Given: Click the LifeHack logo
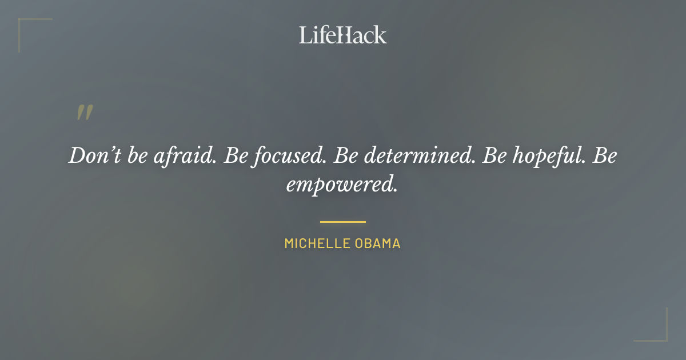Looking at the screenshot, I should click(x=343, y=35).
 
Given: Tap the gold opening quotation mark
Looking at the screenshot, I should click(x=85, y=113).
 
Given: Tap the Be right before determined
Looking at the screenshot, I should click(x=345, y=156).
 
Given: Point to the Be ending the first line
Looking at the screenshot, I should click(x=605, y=156).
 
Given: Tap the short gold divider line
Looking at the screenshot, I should click(x=343, y=222).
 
